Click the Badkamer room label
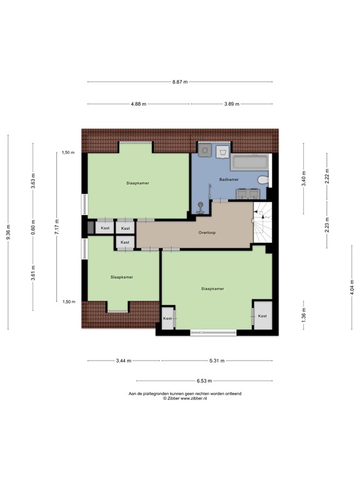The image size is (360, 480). [229, 179]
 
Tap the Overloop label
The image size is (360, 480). [207, 232]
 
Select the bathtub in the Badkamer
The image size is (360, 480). [250, 163]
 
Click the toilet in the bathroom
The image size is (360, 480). [264, 181]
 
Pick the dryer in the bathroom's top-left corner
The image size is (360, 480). [204, 151]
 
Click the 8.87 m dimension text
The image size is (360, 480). [180, 82]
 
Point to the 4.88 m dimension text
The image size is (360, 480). [139, 104]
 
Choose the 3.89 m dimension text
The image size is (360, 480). [232, 104]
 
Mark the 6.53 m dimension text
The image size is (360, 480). [204, 381]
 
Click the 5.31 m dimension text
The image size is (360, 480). [217, 361]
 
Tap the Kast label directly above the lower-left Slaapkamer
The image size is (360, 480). [125, 242]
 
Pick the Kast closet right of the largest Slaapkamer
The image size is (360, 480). [262, 316]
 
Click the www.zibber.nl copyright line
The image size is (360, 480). [184, 398]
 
